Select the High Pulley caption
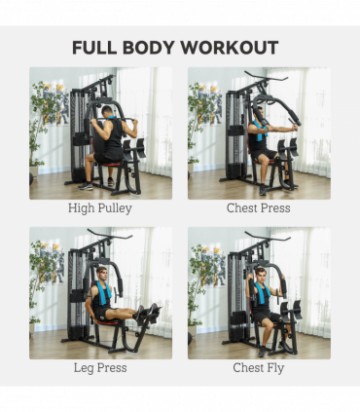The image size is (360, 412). click(x=100, y=208)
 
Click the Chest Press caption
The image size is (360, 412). click(x=259, y=208)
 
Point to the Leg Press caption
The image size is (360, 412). click(x=100, y=368)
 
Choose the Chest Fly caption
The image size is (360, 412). click(x=259, y=368)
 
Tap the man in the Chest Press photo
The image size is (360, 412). click(x=260, y=146)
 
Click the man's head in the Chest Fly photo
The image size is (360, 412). click(x=260, y=274)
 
